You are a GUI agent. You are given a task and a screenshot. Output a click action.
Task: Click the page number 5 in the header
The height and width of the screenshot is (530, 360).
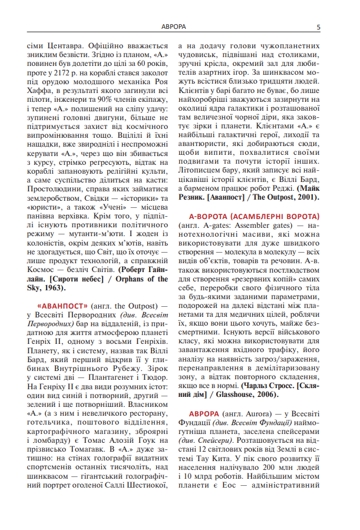318,27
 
